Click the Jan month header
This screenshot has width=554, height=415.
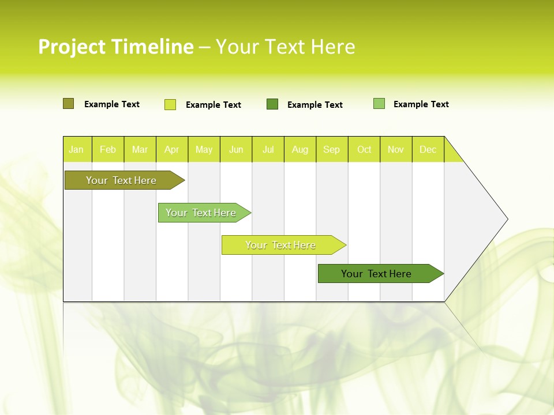[77, 149]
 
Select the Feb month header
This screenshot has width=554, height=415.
[108, 149]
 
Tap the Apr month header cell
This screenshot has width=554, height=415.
[172, 149]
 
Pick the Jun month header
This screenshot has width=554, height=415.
[236, 149]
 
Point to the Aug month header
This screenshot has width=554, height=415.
[300, 149]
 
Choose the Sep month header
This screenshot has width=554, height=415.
[332, 149]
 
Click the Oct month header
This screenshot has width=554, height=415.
[364, 149]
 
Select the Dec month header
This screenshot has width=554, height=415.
[428, 149]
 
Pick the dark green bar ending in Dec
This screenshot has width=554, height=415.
[377, 274]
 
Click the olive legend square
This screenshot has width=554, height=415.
[68, 104]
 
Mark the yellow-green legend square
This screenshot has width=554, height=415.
[170, 104]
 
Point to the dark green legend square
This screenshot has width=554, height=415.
[272, 104]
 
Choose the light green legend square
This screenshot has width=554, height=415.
[379, 104]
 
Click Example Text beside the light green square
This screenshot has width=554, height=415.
[421, 104]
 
